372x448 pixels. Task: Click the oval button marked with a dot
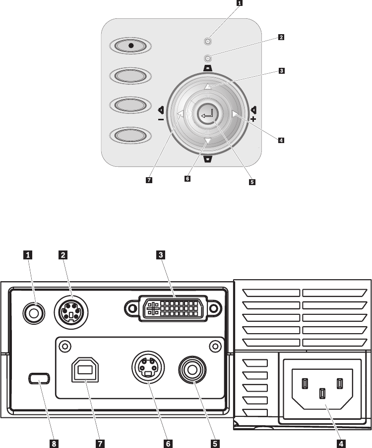point(131,46)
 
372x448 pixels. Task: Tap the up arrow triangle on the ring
point(208,87)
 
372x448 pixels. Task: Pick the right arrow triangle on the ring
point(235,114)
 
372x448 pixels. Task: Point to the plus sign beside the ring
point(253,120)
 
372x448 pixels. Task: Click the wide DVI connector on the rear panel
point(173,309)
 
